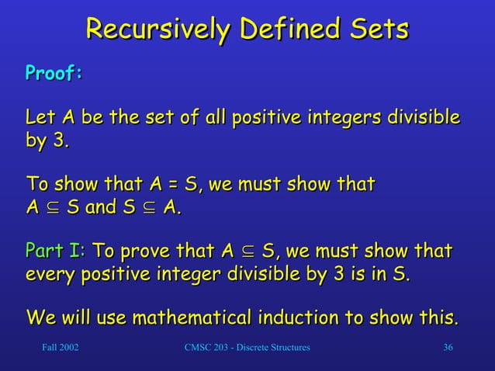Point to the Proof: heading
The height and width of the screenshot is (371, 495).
54,73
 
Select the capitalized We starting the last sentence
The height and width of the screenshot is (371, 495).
40,318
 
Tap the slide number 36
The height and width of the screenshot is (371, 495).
448,347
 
